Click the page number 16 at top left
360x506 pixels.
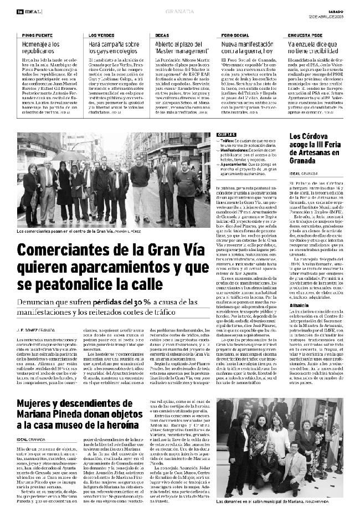pyautogui.click(x=19, y=11)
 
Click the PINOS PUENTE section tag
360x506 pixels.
pyautogui.click(x=38, y=35)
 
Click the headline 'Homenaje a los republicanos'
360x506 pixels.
pyautogui.click(x=42, y=47)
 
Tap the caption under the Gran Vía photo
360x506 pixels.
pyautogui.click(x=78, y=231)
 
